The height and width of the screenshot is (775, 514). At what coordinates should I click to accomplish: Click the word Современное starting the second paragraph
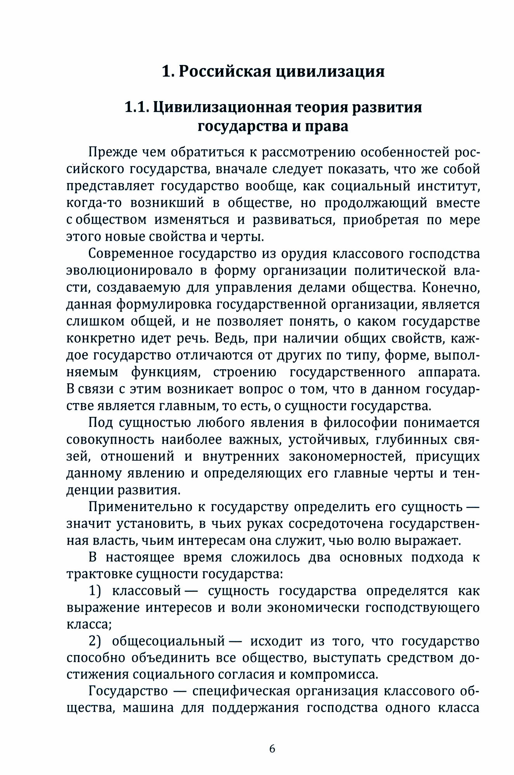pyautogui.click(x=130, y=254)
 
